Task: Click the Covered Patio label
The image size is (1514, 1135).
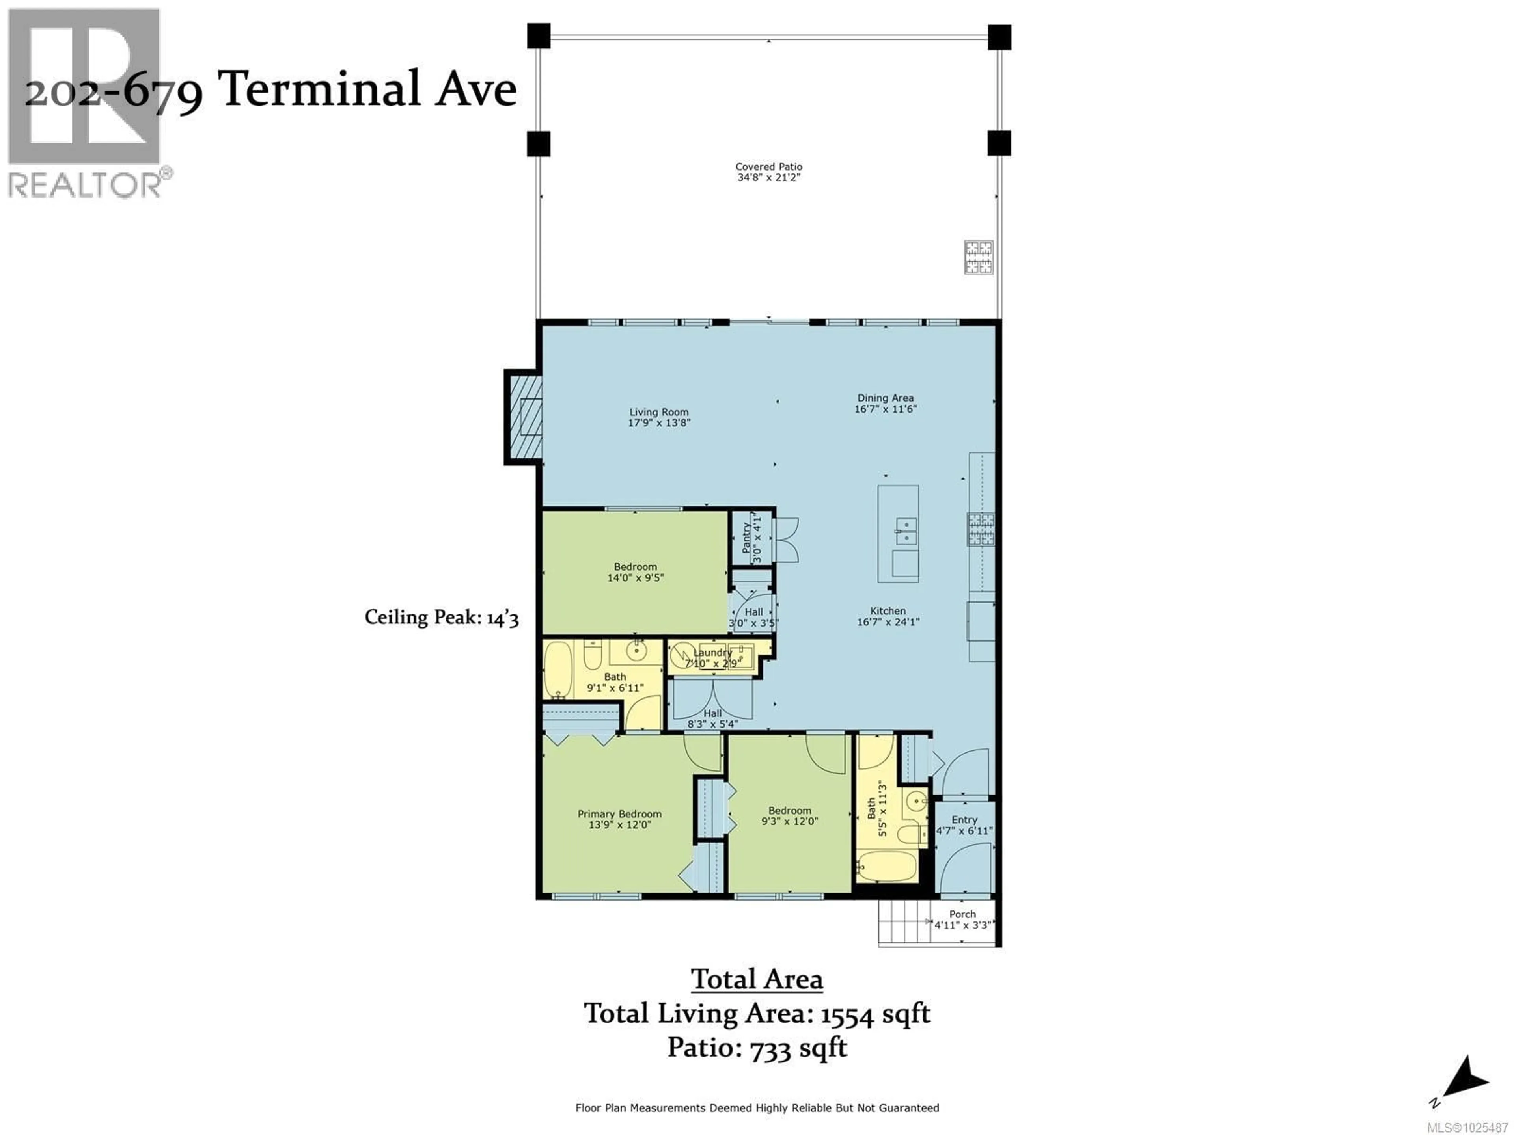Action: pyautogui.click(x=769, y=166)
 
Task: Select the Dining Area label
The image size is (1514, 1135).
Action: pyautogui.click(x=885, y=398)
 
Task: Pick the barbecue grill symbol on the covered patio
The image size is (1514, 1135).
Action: pyautogui.click(x=978, y=257)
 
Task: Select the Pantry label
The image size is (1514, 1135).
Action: pyautogui.click(x=746, y=538)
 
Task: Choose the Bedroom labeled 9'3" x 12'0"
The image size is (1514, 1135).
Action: pyautogui.click(x=789, y=815)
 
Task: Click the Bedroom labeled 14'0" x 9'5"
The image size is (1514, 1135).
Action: pyautogui.click(x=635, y=572)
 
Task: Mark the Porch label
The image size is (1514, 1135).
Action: pyautogui.click(x=962, y=914)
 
